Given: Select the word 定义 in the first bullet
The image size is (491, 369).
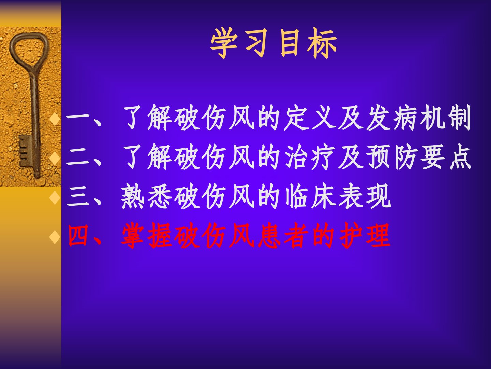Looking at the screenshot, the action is tap(310, 118).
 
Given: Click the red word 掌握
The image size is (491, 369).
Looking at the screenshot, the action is tap(147, 235).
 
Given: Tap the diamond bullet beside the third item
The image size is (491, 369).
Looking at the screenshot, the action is tap(55, 197).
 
